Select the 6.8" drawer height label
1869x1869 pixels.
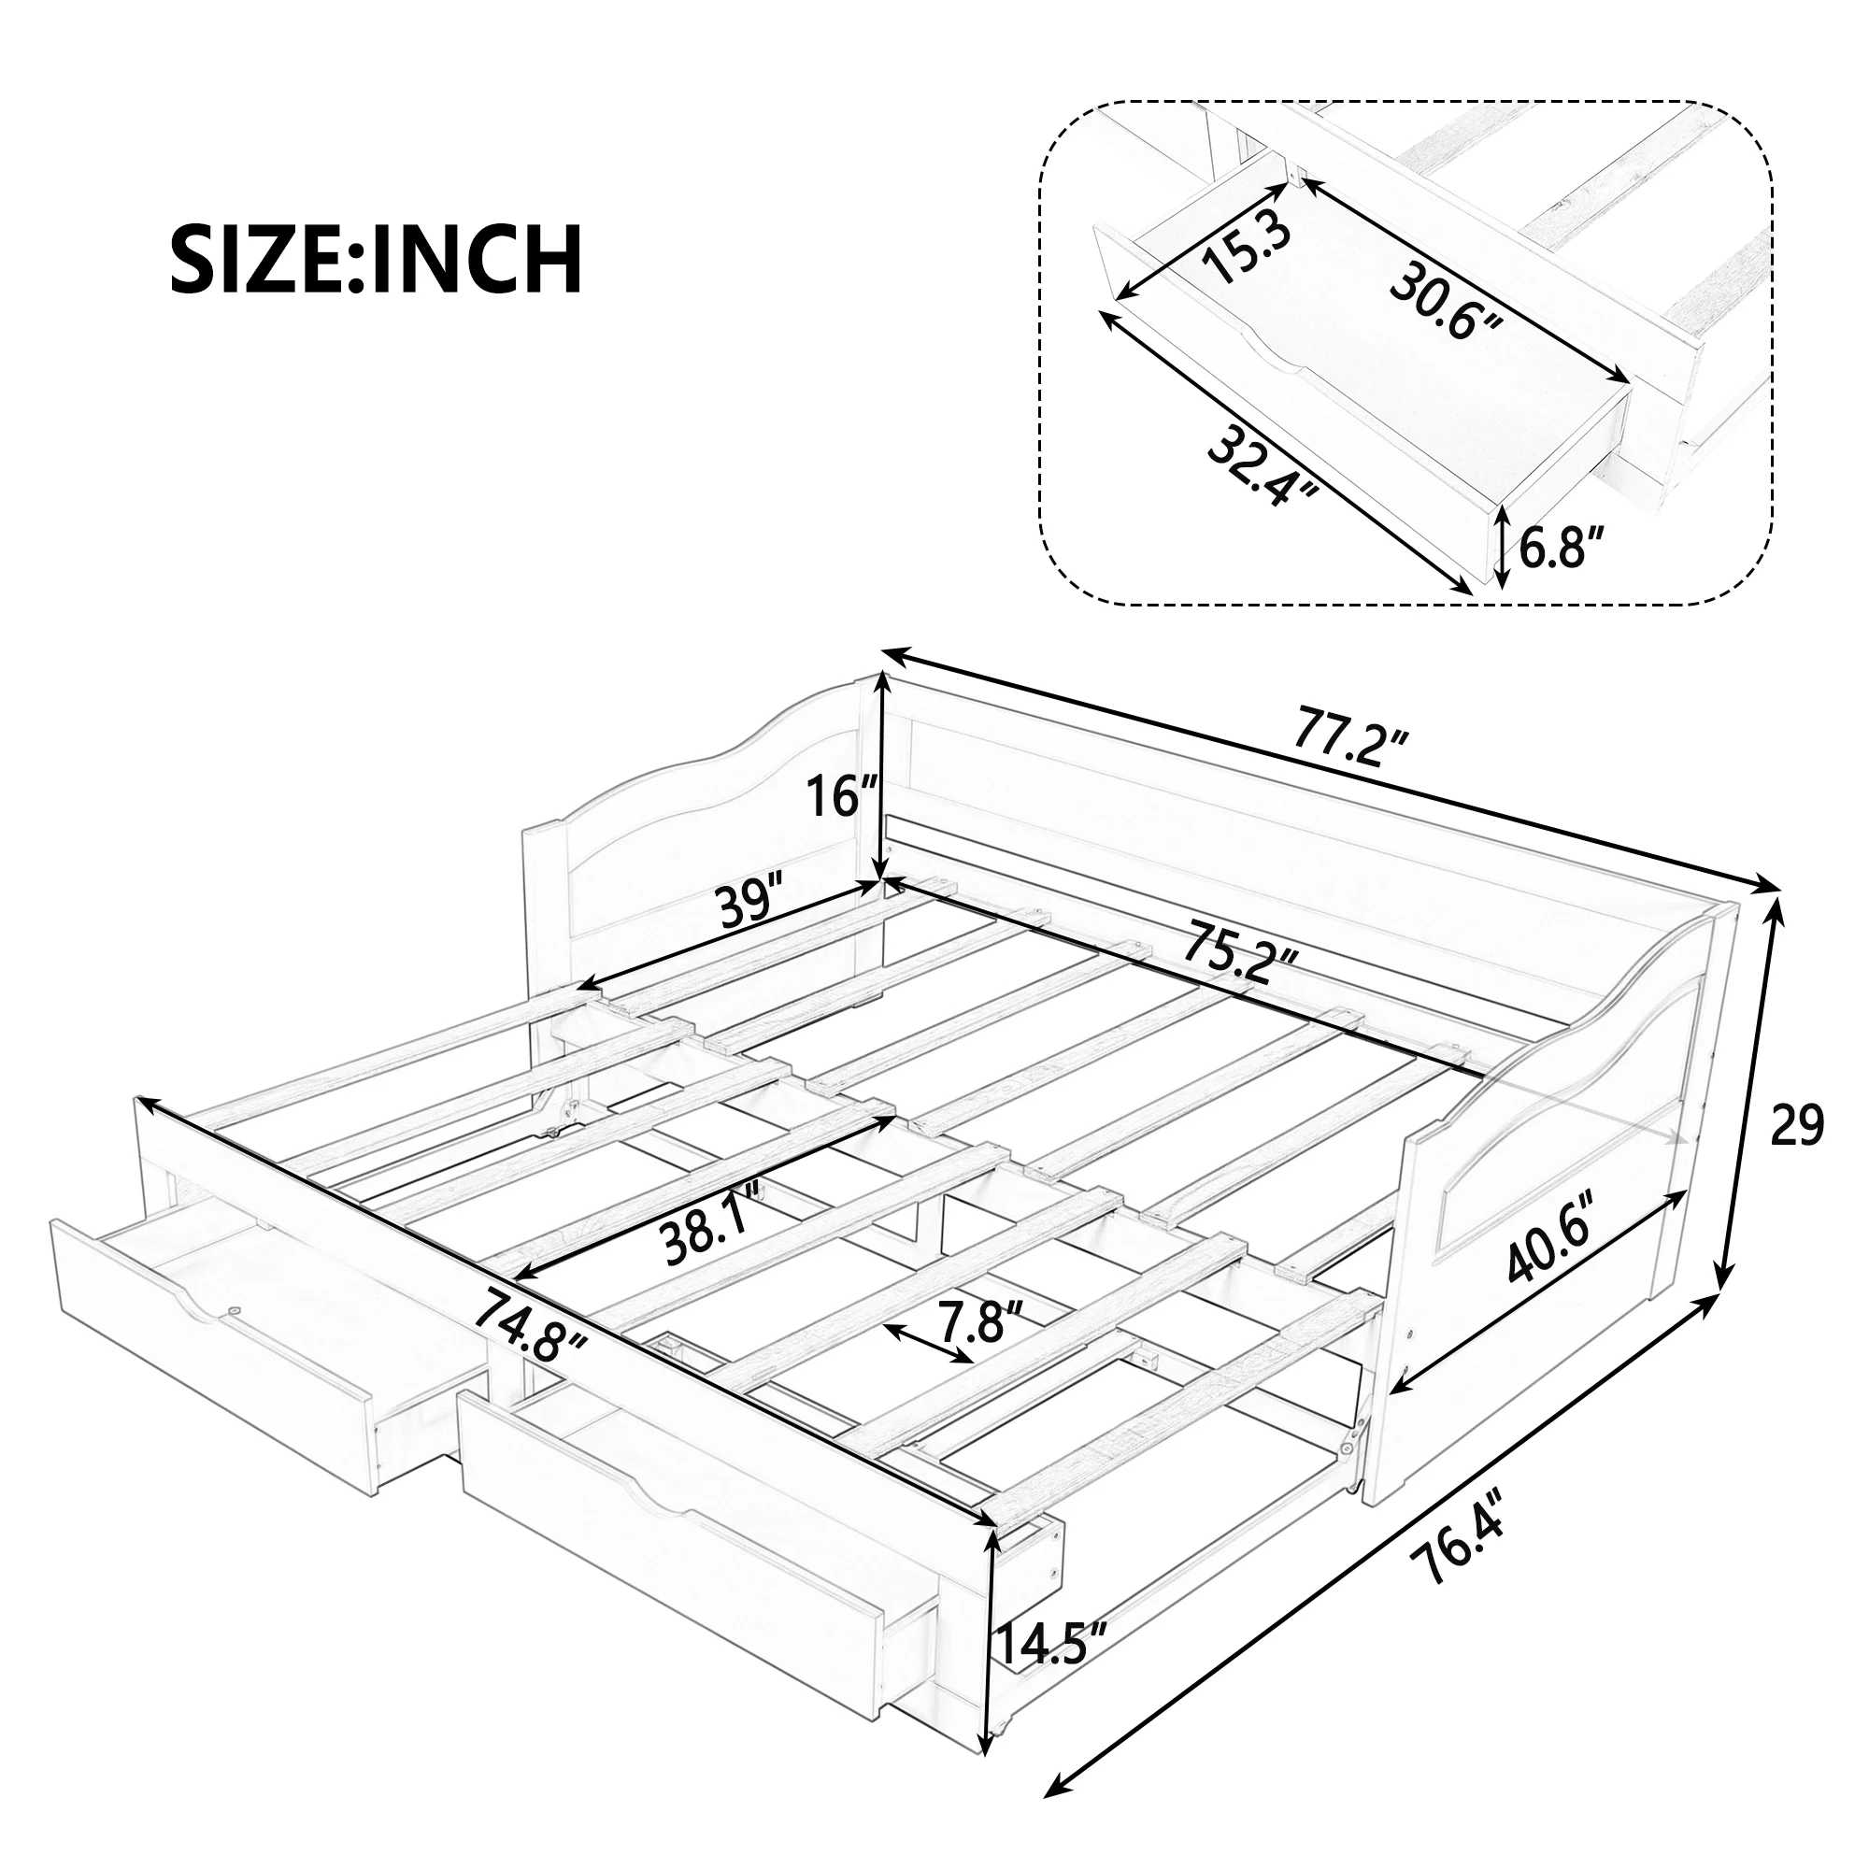pos(1562,549)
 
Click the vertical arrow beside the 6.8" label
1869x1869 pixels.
pos(1501,549)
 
